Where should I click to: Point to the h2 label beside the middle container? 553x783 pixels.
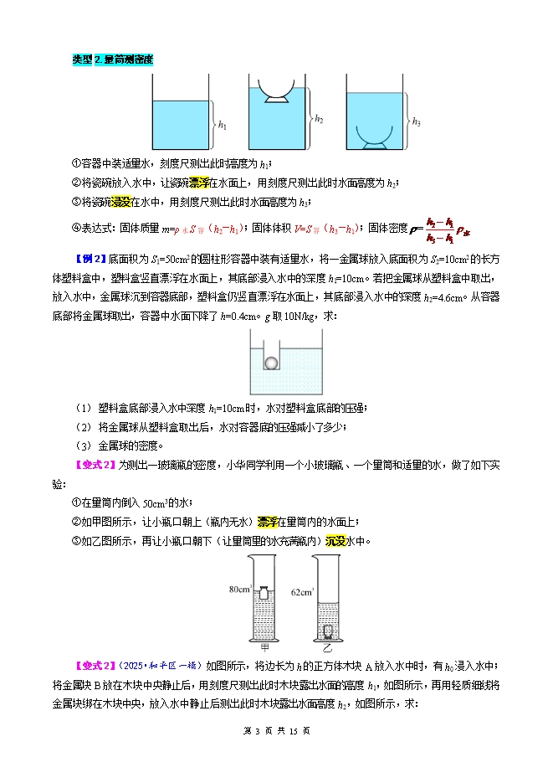(320, 120)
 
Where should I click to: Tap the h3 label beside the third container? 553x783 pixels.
(417, 121)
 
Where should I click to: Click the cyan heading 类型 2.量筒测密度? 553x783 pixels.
(113, 59)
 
